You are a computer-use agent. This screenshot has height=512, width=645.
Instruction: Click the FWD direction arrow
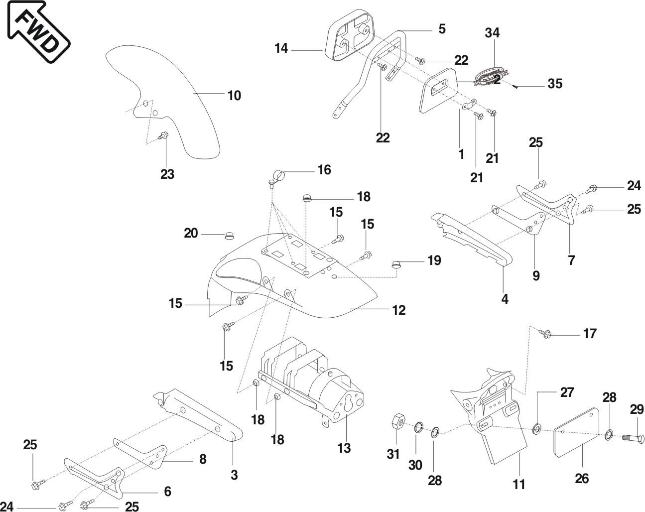(x=37, y=31)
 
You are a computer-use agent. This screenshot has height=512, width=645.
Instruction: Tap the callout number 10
(x=234, y=95)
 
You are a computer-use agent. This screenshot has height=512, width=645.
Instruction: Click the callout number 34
(x=492, y=33)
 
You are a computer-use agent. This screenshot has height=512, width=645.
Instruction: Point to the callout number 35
(x=555, y=84)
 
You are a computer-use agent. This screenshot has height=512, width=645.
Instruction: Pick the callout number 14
(x=281, y=48)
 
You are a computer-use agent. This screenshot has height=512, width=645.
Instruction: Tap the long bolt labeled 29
(x=632, y=438)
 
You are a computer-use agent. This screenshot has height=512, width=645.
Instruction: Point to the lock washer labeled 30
(x=418, y=427)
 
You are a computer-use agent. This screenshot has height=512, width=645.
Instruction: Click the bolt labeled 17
(x=546, y=334)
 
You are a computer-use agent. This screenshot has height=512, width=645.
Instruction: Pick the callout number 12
(x=398, y=310)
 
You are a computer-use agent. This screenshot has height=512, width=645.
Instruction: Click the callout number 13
(x=344, y=448)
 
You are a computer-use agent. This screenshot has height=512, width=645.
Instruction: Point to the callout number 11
(x=519, y=484)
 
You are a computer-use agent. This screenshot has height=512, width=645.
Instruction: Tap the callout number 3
(x=234, y=475)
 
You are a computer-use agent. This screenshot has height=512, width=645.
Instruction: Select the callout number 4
(x=505, y=299)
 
